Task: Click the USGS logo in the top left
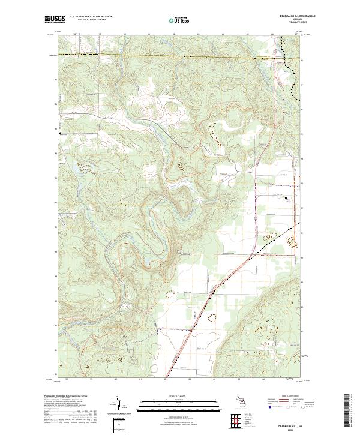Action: coord(56,20)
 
